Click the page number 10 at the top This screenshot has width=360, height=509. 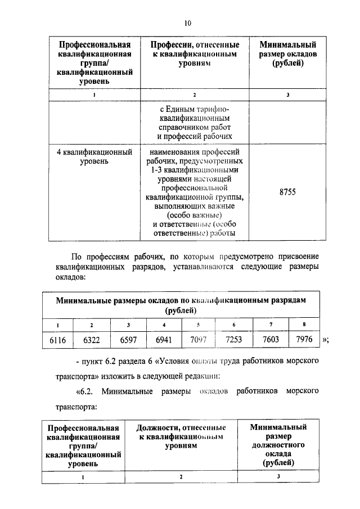pyautogui.click(x=187, y=23)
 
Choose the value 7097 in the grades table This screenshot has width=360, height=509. pyautogui.click(x=199, y=341)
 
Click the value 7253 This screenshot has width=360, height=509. pyautogui.click(x=234, y=341)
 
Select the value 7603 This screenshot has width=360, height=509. pyautogui.click(x=271, y=341)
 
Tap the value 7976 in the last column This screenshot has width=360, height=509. pyautogui.click(x=304, y=341)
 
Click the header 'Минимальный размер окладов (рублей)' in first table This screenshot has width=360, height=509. pyautogui.click(x=287, y=54)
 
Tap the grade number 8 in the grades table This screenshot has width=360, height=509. pyautogui.click(x=304, y=325)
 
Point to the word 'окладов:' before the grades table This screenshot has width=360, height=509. pyautogui.click(x=70, y=278)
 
